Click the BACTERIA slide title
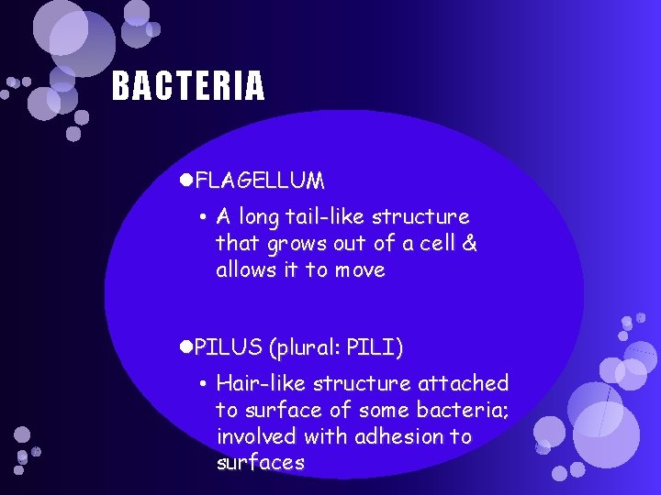188,86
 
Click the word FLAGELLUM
260,180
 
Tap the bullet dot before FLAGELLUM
186,180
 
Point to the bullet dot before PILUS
186,348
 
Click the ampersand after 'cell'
470,244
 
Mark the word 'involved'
254,436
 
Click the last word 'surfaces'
260,463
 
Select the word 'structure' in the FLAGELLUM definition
425,217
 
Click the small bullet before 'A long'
201,218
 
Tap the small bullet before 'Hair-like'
201,384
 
